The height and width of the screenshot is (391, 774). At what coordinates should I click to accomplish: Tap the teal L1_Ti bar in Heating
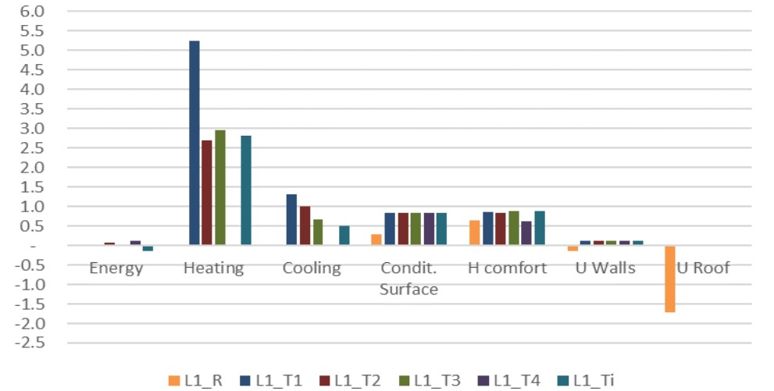pos(246,190)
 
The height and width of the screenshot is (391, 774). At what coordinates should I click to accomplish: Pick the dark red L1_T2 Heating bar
pos(207,193)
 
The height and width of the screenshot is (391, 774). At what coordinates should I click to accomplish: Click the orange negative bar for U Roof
pos(669,279)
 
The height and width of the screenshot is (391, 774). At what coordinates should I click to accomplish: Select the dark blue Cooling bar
pos(291,220)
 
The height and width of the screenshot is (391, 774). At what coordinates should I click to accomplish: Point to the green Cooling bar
pos(317,233)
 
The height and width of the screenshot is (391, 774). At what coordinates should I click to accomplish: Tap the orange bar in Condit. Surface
pos(376,240)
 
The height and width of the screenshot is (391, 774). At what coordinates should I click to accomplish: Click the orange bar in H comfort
pos(474,233)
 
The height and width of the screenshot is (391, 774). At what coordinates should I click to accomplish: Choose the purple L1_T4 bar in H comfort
pos(526,233)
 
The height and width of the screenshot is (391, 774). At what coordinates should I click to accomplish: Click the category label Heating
pos(213,268)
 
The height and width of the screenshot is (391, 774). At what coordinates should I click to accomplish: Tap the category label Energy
pos(116,268)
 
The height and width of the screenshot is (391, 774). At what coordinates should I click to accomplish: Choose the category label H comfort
pos(507,268)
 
